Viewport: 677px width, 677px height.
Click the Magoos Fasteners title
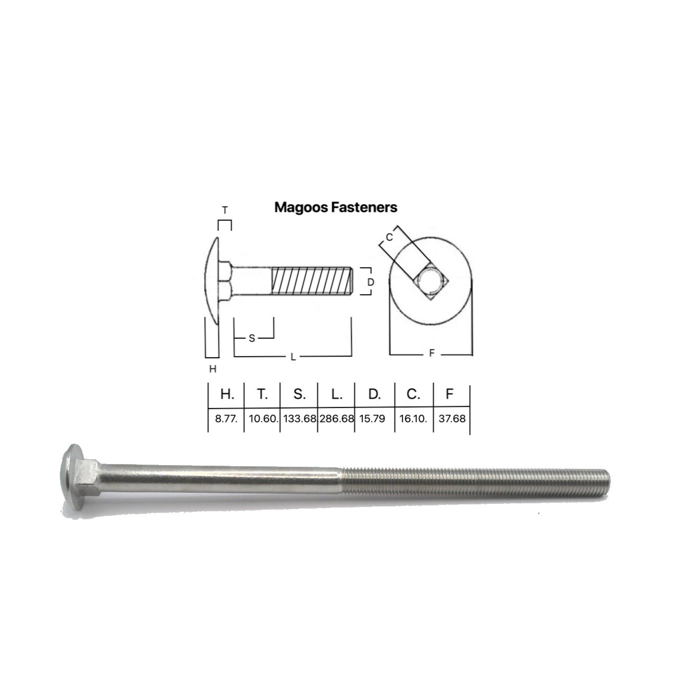(x=336, y=207)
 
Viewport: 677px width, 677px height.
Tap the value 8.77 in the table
(x=226, y=419)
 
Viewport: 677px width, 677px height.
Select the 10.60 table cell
(x=263, y=419)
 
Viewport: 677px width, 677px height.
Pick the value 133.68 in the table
(x=300, y=419)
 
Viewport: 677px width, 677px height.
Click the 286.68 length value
(x=336, y=419)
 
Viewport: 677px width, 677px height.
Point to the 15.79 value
(x=372, y=419)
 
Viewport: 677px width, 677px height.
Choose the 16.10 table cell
(x=413, y=419)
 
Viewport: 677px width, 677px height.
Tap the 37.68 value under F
(x=452, y=419)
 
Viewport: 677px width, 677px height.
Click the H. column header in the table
(x=227, y=394)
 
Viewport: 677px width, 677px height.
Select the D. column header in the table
(x=374, y=394)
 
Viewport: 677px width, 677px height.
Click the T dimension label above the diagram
(x=225, y=211)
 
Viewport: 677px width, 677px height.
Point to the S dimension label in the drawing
(x=252, y=338)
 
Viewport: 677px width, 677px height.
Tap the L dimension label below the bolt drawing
(x=293, y=357)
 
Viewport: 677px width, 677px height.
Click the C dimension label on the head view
(x=389, y=237)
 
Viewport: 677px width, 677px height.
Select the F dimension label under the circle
(x=431, y=353)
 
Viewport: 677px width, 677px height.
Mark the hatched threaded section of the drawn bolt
(x=311, y=281)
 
